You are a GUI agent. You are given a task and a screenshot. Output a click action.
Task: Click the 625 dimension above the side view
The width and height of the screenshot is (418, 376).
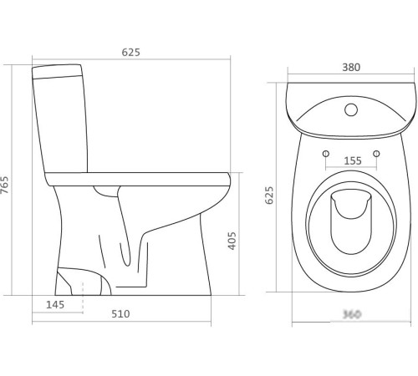pos(130,52)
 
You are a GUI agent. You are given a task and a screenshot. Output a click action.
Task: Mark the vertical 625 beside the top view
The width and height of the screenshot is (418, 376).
pos(270,195)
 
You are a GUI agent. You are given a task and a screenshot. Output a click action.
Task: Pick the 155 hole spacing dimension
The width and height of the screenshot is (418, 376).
pos(350,161)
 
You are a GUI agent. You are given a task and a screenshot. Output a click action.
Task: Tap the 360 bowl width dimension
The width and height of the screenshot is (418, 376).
pos(350,314)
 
